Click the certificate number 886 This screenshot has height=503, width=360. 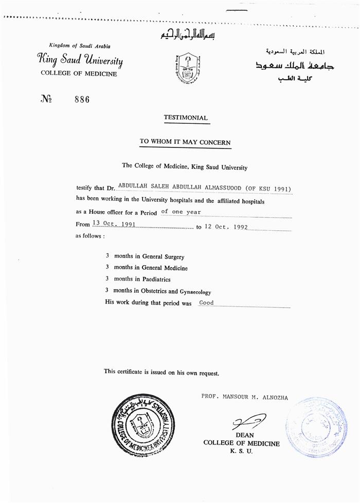pos(82,100)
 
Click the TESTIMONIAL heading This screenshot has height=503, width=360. pos(186,118)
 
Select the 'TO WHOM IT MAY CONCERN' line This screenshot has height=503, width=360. pos(185,142)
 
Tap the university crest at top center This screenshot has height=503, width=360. pos(187,68)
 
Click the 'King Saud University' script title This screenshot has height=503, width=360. pos(80,60)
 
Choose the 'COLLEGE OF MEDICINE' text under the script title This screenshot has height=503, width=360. pos(79,73)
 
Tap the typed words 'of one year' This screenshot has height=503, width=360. pos(181,212)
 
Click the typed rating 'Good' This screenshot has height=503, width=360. pos(206,303)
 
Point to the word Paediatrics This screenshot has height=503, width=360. pos(153,280)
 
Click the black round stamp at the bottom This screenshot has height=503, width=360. pos(143,424)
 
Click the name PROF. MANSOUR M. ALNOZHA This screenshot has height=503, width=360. pos(245,398)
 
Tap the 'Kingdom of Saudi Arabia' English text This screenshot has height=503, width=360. pos(80,46)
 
